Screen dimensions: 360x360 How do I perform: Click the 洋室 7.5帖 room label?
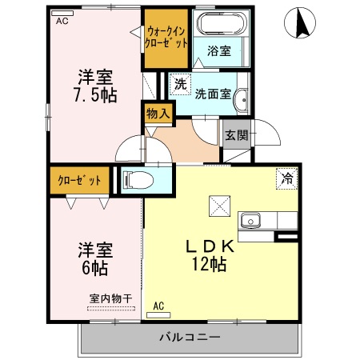click(95, 86)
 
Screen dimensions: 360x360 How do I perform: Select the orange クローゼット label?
click(79, 180)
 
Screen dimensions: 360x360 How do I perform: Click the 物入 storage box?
click(158, 114)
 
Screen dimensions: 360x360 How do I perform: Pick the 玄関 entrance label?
click(234, 134)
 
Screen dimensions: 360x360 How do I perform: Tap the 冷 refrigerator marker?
click(285, 178)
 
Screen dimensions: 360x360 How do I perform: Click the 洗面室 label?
click(215, 93)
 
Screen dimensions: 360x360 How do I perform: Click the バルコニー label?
click(189, 337)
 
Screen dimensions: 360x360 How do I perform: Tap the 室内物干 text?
click(110, 298)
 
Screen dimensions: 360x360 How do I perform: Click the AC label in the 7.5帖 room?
click(62, 22)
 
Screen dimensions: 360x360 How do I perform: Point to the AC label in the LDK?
click(158, 305)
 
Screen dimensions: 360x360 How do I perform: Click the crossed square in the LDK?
click(218, 206)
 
